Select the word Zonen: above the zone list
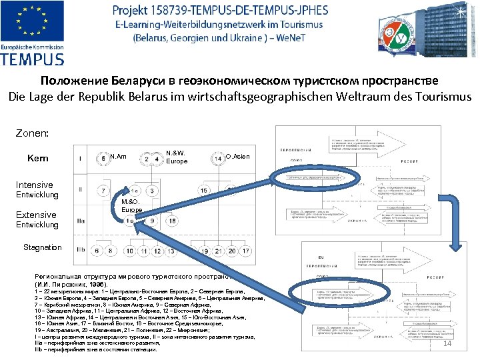pos(31,133)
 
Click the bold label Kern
pos(37,158)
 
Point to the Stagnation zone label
pos(43,247)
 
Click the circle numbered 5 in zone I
pos(103,159)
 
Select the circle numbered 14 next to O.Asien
pos(218,159)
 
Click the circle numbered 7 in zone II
pos(103,191)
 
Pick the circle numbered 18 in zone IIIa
pos(131,221)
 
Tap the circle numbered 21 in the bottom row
pos(219,251)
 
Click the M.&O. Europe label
pos(131,205)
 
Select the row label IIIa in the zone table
pos(81,221)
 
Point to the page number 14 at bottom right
pos(447,344)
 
